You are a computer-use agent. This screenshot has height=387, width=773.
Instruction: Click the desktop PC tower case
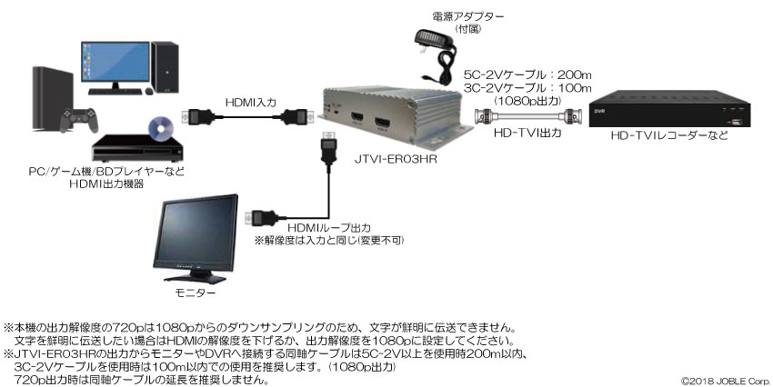click(165, 67)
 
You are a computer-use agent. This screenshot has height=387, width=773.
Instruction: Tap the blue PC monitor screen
click(115, 62)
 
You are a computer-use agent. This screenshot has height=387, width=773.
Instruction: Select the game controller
click(79, 120)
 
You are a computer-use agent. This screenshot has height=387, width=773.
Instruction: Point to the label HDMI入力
click(250, 103)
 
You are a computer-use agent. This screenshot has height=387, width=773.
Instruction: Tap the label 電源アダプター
click(468, 17)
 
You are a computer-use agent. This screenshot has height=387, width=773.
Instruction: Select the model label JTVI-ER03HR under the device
click(396, 159)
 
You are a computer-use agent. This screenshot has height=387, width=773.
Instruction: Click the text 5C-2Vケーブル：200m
click(527, 74)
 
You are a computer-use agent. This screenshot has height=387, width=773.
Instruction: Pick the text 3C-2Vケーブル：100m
click(527, 88)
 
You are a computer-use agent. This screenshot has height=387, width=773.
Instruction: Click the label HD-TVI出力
click(527, 133)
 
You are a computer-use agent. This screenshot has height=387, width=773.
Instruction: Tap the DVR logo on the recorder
click(599, 111)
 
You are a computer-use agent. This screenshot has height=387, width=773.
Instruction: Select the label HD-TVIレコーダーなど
click(669, 135)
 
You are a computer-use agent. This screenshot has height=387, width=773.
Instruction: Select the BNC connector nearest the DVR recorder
click(572, 117)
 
